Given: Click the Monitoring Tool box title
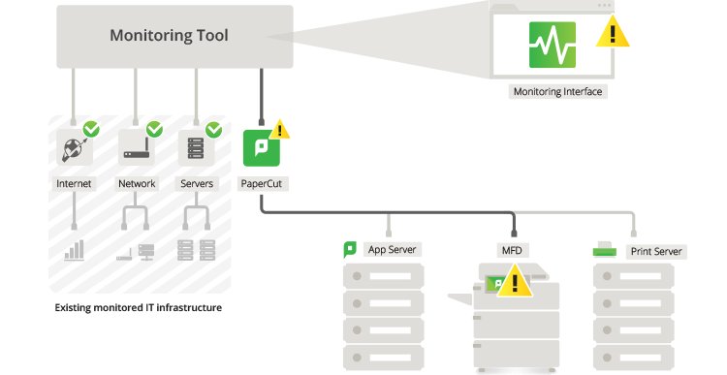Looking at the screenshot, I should click(170, 37).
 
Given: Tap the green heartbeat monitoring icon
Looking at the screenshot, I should click(552, 44).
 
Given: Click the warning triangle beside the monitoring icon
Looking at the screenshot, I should click(612, 34).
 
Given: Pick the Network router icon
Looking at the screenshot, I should click(136, 148).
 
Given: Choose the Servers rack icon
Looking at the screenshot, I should click(195, 148).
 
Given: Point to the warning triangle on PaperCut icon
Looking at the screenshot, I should click(280, 129).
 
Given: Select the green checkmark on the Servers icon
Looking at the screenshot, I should click(213, 129).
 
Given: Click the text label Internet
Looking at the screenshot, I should click(75, 183).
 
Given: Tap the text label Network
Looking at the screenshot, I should click(137, 183).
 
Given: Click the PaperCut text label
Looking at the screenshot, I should click(261, 183).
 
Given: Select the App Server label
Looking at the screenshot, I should click(392, 249).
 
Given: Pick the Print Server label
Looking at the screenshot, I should click(656, 251).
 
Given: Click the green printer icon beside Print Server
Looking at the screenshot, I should click(606, 250).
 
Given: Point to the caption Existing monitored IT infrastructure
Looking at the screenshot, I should click(138, 308).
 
